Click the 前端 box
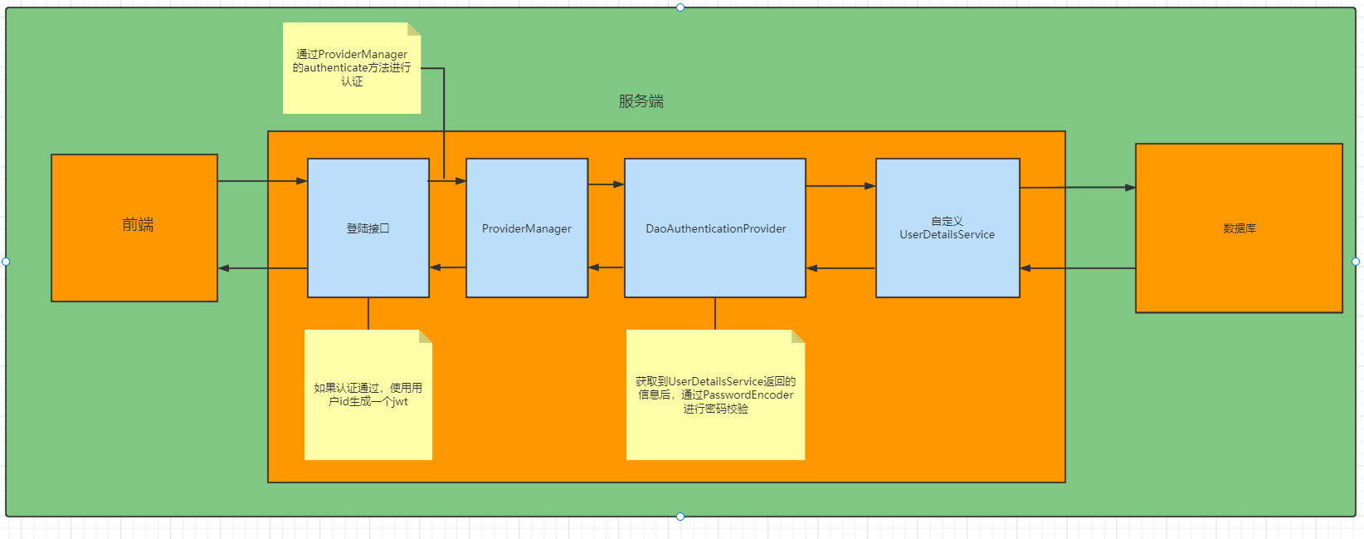(x=134, y=228)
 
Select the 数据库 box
(x=1238, y=228)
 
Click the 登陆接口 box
(x=368, y=228)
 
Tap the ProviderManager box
(x=527, y=228)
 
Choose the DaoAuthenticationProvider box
(x=715, y=228)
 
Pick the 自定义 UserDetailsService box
(x=947, y=228)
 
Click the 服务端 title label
(x=641, y=101)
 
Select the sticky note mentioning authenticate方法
(x=352, y=68)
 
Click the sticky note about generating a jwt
(x=368, y=394)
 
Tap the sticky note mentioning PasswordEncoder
(x=715, y=394)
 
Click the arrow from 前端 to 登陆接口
(x=262, y=181)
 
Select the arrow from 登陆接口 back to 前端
(x=262, y=268)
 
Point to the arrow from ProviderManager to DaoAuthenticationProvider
(x=606, y=184)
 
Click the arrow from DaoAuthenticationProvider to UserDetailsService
(x=840, y=186)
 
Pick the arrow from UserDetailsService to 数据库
(x=1077, y=188)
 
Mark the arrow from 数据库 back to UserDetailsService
(x=1077, y=268)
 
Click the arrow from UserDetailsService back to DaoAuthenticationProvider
(x=840, y=268)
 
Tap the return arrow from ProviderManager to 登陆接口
(x=448, y=267)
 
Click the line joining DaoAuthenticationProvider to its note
(x=715, y=313)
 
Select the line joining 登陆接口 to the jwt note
(x=368, y=313)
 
